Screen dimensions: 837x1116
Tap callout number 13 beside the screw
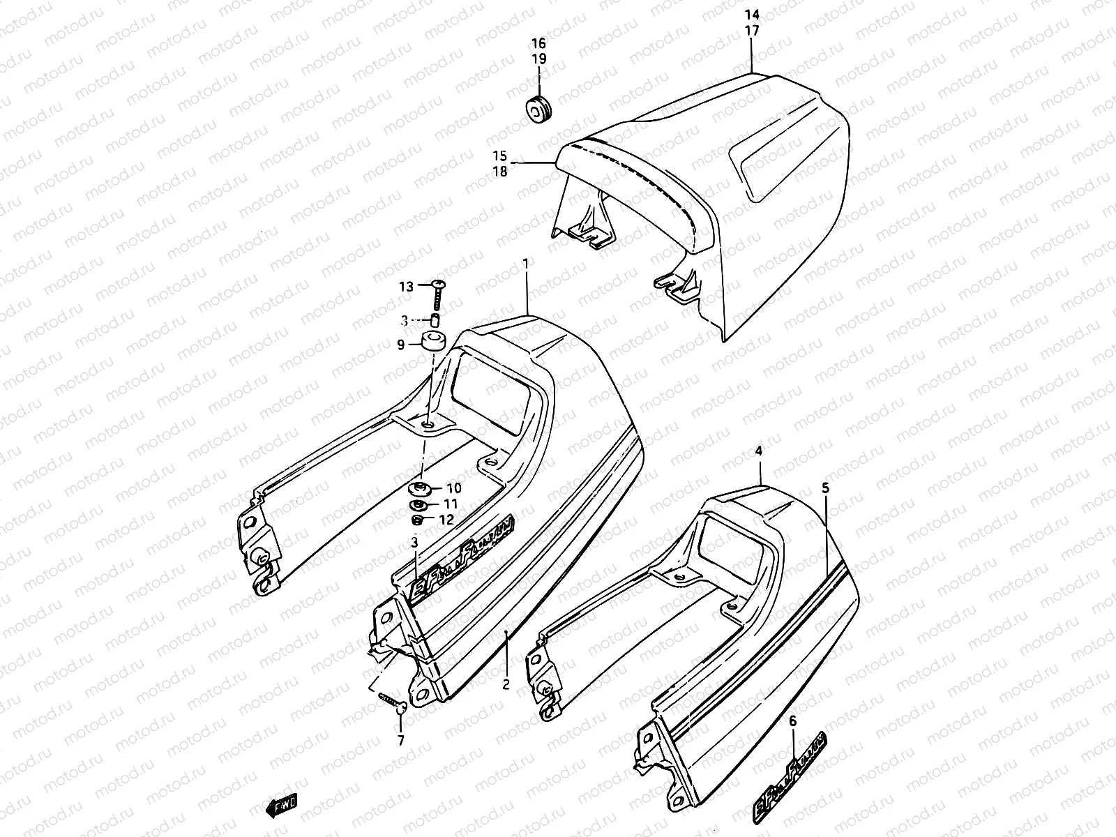coord(406,287)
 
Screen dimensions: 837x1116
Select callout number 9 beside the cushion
coord(401,344)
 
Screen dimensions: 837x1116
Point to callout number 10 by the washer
coord(454,488)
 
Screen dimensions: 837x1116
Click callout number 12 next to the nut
coord(446,520)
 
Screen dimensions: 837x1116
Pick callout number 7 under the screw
coord(400,741)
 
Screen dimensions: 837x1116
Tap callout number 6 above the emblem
coord(792,723)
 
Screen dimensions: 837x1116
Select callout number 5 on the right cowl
coord(826,488)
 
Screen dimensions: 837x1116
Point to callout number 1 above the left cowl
coord(525,263)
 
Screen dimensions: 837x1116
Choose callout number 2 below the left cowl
coord(506,684)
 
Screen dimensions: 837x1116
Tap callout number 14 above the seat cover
coord(751,15)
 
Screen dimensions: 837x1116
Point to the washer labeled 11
coord(418,504)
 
